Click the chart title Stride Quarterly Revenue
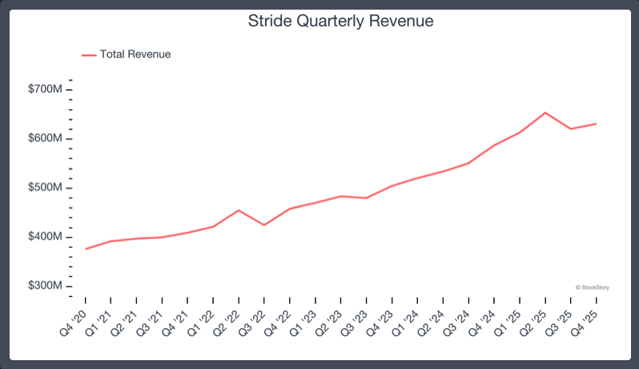pyautogui.click(x=341, y=22)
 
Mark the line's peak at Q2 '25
pyautogui.click(x=545, y=112)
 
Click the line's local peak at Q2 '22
pyautogui.click(x=238, y=210)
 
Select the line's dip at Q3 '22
pyautogui.click(x=263, y=225)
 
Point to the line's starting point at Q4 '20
pyautogui.click(x=85, y=249)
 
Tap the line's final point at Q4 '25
pyautogui.click(x=597, y=124)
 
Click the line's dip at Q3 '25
pyautogui.click(x=571, y=128)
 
